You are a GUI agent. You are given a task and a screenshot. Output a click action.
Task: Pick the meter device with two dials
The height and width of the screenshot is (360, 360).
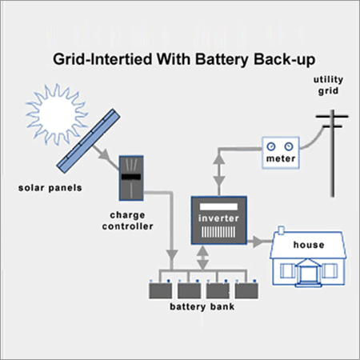(x=280, y=151)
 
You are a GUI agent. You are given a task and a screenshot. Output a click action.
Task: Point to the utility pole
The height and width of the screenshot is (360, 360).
(x=330, y=152)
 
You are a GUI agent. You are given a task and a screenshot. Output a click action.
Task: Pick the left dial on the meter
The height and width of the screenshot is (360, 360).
(x=273, y=146)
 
